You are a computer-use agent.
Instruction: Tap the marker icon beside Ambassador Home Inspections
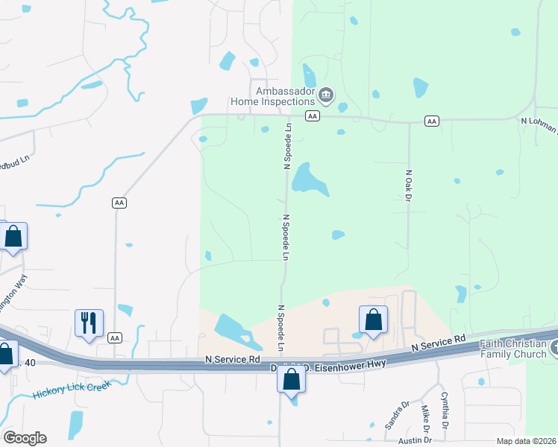pyautogui.click(x=326, y=95)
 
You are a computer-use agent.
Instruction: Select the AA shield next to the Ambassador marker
pyautogui.click(x=313, y=116)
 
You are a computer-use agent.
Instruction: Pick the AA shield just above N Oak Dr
pyautogui.click(x=431, y=121)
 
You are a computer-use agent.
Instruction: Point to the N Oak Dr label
pyautogui.click(x=409, y=184)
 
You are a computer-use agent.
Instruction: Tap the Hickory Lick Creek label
pyautogui.click(x=72, y=390)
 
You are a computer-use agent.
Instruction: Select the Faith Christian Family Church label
pyautogui.click(x=514, y=349)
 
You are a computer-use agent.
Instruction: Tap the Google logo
pyautogui.click(x=25, y=438)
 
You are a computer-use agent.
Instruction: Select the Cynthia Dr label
pyautogui.click(x=445, y=410)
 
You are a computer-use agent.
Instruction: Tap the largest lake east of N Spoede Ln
pyautogui.click(x=310, y=179)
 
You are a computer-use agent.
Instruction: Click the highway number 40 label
pyautogui.click(x=30, y=363)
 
